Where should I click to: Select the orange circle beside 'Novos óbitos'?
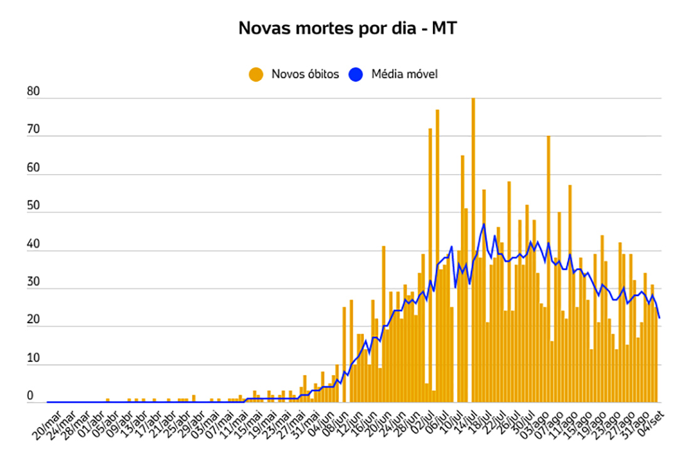coord(256,74)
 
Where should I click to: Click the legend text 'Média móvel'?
coord(404,74)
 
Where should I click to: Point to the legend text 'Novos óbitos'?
coord(305,74)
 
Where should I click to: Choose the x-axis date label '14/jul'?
coord(468,424)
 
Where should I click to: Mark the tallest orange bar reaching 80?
coord(473,250)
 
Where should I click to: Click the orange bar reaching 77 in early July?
coord(437,257)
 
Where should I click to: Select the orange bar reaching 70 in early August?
coord(548,269)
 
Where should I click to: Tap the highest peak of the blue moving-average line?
coord(484,223)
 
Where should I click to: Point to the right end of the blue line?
coord(660,318)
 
